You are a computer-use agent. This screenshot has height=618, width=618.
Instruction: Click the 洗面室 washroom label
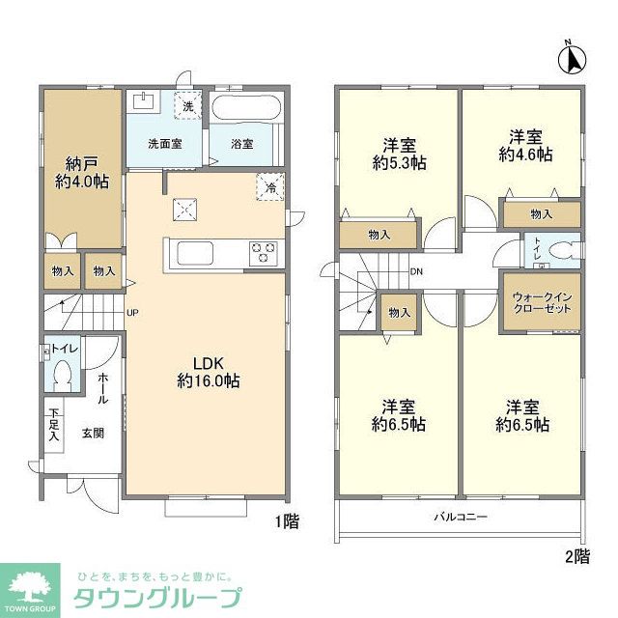coord(164,144)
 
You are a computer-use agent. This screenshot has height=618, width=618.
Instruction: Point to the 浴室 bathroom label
coord(241,144)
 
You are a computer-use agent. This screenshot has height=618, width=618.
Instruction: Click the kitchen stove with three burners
coord(263,253)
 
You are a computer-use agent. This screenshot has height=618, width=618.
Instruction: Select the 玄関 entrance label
coord(92,432)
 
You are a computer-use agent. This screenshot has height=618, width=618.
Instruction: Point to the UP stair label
coord(132,313)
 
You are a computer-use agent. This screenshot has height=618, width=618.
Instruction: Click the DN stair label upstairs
coord(416,272)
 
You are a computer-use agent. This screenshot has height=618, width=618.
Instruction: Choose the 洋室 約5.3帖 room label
coord(399,154)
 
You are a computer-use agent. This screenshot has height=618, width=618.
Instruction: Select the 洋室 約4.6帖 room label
coord(525,144)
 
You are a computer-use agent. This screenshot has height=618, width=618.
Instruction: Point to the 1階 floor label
coord(286,522)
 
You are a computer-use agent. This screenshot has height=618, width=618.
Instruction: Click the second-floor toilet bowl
coord(555,249)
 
